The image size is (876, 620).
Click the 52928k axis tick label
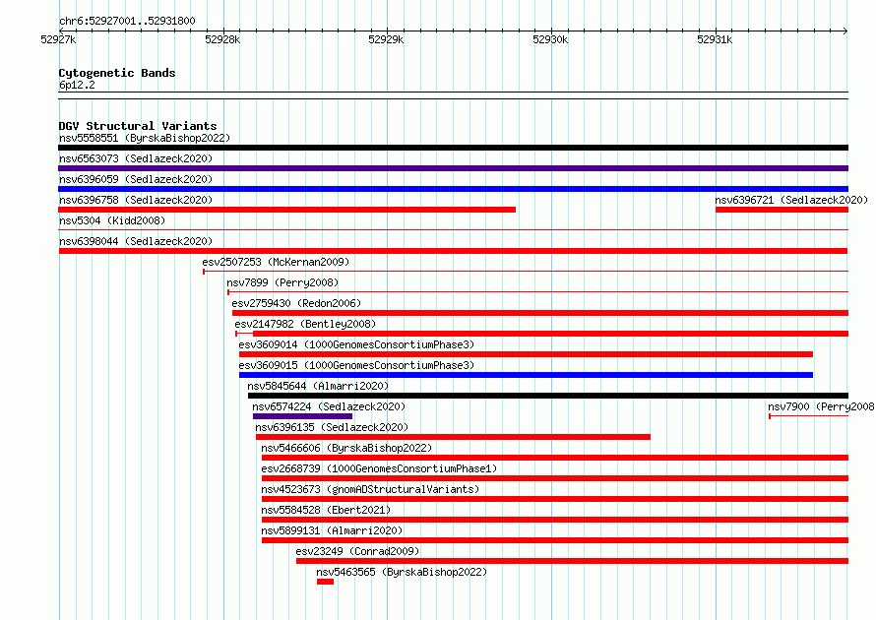222,39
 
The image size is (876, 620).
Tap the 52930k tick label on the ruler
550,39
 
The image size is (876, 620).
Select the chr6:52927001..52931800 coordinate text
127,22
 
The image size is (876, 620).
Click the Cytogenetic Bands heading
117,73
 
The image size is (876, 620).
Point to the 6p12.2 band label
77,85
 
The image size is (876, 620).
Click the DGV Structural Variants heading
138,126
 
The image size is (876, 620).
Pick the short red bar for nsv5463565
325,582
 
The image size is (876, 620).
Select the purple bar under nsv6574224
302,416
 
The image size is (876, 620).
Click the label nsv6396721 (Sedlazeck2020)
791,200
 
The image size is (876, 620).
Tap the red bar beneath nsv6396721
782,210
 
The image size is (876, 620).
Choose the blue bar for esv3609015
526,375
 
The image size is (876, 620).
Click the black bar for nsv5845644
548,396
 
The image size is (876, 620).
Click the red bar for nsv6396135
453,437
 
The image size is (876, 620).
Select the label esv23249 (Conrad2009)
357,551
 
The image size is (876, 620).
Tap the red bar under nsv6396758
287,210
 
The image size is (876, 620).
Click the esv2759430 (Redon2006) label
296,303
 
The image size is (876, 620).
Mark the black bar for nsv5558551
453,148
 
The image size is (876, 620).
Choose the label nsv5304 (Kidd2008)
112,220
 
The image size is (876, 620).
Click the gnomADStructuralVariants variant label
370,489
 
